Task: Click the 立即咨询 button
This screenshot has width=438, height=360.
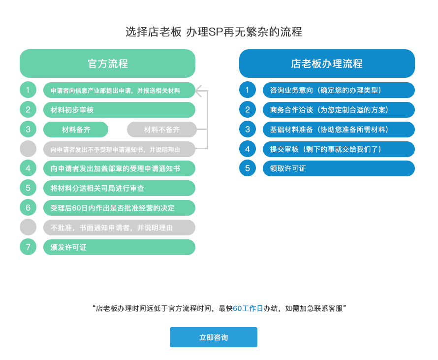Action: (214, 337)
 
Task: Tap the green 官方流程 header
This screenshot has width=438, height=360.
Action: (108, 64)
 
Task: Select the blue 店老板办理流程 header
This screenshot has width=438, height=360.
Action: (327, 64)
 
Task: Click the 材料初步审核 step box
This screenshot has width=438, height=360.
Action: (119, 110)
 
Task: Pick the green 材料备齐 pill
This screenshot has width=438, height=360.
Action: (76, 130)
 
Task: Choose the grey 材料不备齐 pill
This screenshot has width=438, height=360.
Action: (162, 130)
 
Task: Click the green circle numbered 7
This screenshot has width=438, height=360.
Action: (28, 247)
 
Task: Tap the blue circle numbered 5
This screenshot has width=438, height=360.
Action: (248, 168)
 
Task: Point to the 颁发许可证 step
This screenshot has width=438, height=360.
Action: (119, 247)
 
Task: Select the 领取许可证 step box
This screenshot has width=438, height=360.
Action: (339, 168)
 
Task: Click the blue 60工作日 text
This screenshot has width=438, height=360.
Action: (248, 308)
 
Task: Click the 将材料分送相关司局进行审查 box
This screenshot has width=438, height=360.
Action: (119, 188)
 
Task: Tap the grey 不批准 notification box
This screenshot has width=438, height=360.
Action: (119, 228)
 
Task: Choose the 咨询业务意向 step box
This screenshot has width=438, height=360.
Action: (339, 90)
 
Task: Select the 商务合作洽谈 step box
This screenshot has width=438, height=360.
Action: (339, 110)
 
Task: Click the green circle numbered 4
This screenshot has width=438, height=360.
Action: (28, 168)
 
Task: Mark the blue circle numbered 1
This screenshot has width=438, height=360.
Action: (248, 90)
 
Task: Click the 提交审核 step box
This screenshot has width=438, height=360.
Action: (339, 149)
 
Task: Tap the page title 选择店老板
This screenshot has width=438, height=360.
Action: (154, 32)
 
